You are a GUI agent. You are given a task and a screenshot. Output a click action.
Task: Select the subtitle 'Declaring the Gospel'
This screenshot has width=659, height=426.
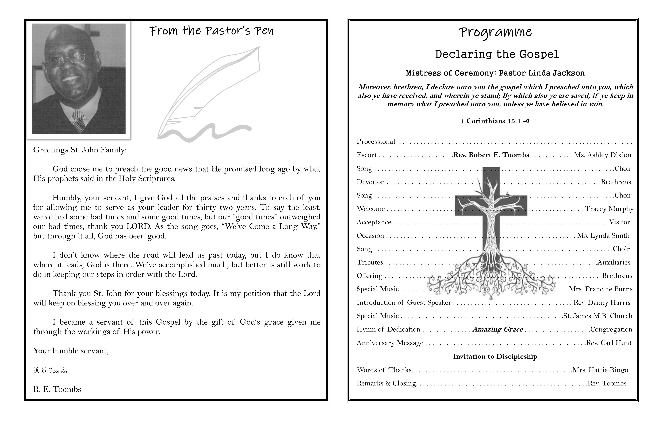497,54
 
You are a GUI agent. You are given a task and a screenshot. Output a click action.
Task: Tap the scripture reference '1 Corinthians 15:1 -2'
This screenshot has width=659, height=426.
495,121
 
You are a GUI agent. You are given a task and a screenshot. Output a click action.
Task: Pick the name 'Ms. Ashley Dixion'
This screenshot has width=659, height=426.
603,155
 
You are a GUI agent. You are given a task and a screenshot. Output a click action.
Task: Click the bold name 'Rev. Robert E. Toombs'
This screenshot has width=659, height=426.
491,155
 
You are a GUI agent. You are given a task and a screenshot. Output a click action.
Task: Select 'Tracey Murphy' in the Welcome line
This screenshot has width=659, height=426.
609,209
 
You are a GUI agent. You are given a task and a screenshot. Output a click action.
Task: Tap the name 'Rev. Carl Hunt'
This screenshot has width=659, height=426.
609,343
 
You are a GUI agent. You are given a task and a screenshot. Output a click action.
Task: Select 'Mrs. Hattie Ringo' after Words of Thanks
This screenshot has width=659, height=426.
600,370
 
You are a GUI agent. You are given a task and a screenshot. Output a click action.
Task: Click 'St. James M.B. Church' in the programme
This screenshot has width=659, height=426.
598,316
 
